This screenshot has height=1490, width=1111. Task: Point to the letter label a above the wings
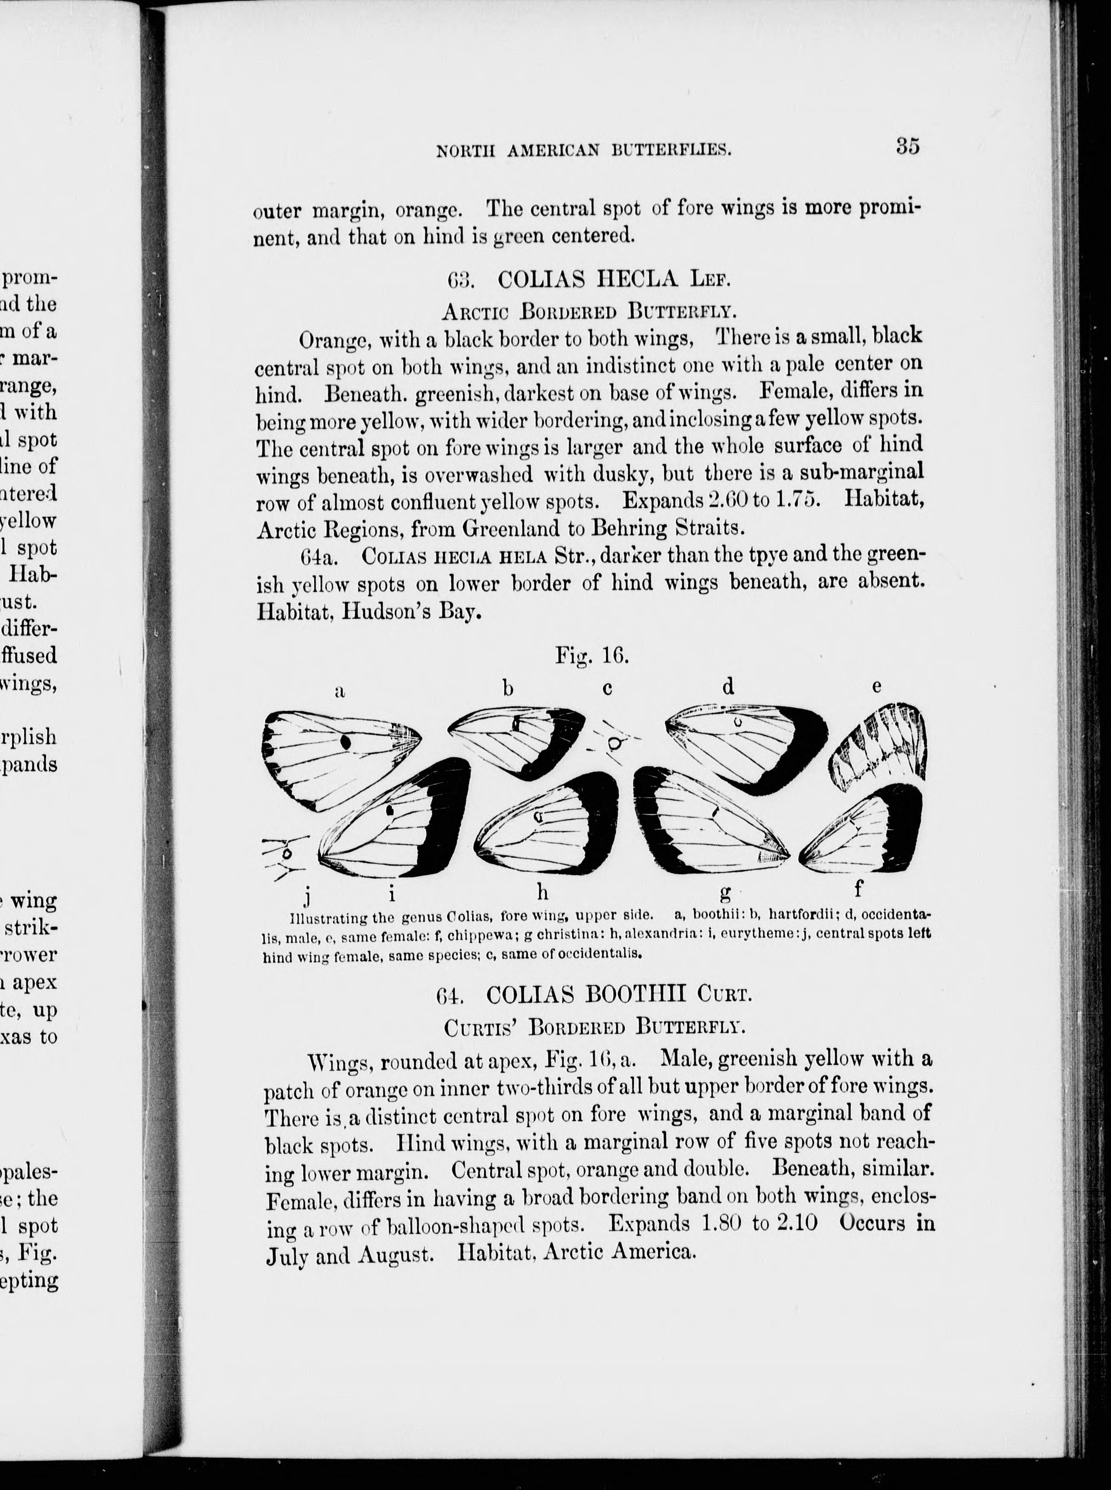coord(340,691)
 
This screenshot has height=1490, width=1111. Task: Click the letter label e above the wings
coord(877,687)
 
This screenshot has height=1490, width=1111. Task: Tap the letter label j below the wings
coord(307,895)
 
